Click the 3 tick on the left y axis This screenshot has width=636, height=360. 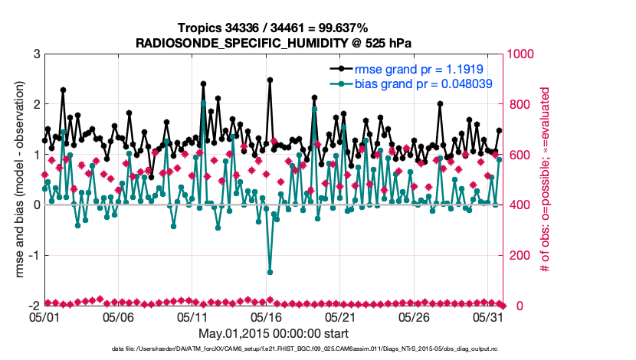pos(36,54)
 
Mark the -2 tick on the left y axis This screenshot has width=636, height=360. pos(34,306)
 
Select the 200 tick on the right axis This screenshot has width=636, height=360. pos(518,255)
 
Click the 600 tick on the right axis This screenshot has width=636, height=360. pos(518,155)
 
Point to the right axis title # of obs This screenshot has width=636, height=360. pos(546,179)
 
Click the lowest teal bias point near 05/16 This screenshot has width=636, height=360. pos(270,272)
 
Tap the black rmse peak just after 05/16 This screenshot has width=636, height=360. pos(270,80)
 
